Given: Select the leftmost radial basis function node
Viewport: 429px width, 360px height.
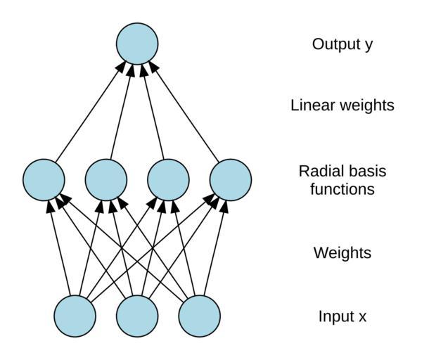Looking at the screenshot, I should click(x=44, y=179).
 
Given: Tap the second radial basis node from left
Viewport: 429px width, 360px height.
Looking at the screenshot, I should click(x=106, y=179).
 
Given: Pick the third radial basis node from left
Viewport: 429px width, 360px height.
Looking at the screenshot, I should click(x=168, y=179).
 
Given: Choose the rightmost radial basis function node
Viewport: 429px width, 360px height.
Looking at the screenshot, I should click(x=231, y=179).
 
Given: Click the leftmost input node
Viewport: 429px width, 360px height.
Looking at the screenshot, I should click(x=75, y=316).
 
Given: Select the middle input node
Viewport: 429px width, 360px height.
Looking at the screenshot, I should click(x=137, y=316).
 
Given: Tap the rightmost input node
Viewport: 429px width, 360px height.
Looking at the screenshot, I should click(x=199, y=316).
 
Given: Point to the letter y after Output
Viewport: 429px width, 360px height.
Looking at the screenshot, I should click(x=368, y=46).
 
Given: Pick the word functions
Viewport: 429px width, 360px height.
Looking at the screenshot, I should click(x=342, y=189).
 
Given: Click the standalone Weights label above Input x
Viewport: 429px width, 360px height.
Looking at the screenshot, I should click(x=342, y=252).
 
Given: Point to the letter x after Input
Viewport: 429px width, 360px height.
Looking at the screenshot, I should click(x=362, y=317).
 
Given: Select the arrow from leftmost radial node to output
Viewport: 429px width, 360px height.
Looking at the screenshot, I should click(x=90, y=111).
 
